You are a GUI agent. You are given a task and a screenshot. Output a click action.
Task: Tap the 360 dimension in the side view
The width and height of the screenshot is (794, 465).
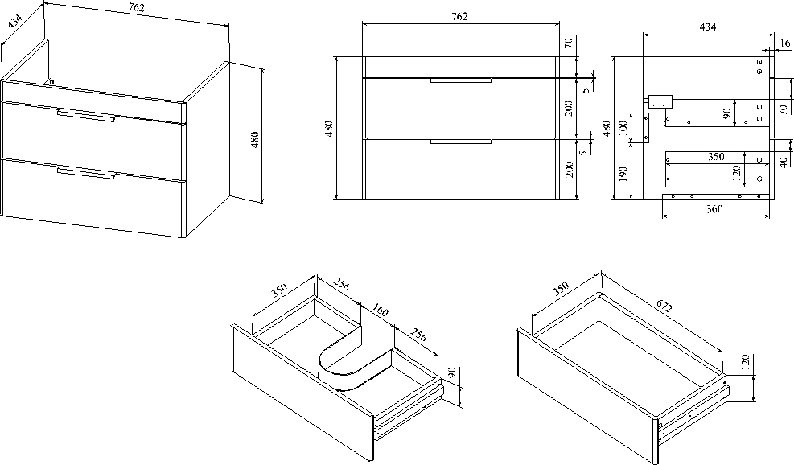(x=713, y=209)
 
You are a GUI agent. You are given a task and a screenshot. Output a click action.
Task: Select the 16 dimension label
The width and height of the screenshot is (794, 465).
(x=785, y=43)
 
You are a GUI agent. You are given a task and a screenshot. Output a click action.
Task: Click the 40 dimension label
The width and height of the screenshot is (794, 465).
(x=783, y=162)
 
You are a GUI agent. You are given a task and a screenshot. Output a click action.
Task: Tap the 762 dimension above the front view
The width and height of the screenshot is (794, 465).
(x=459, y=17)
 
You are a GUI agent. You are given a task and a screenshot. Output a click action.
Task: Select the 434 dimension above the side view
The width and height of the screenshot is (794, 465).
(x=707, y=27)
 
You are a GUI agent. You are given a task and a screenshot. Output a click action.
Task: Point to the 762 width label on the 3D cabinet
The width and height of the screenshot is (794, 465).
(x=136, y=8)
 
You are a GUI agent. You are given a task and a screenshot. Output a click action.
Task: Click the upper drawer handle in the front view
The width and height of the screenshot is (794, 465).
(x=460, y=80)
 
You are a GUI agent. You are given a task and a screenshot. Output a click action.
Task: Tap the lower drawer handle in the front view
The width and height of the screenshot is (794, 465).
(x=460, y=142)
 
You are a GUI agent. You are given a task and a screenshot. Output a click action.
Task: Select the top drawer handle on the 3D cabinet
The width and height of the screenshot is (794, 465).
(x=86, y=115)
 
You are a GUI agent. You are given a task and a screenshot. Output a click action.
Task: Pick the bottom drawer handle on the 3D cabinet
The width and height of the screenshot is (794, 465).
(x=86, y=171)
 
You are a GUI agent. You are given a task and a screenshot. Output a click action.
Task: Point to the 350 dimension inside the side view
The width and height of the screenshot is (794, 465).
(x=716, y=158)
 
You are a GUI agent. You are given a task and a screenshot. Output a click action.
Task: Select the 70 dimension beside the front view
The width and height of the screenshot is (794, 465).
(x=568, y=44)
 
